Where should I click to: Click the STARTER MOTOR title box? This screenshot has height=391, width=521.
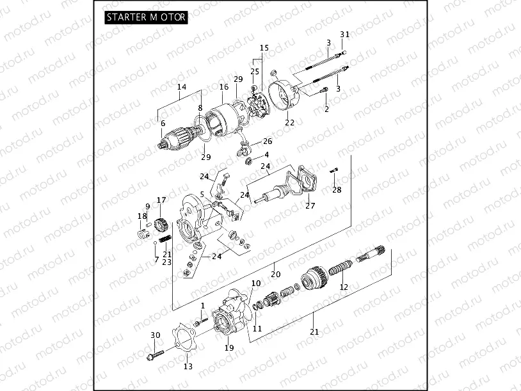tap(147, 17)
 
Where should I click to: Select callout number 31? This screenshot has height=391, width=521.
tap(345, 34)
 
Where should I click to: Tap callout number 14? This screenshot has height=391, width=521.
tap(182, 86)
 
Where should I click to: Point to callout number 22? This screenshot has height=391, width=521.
tap(289, 122)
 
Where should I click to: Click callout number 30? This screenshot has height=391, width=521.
tap(155, 335)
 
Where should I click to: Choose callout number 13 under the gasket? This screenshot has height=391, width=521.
tap(188, 367)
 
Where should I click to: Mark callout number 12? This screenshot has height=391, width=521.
tap(344, 287)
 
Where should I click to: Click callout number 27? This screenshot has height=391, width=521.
tap(310, 206)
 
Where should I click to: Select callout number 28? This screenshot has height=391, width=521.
tap(337, 190)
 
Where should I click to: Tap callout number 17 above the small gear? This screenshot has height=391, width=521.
tap(161, 200)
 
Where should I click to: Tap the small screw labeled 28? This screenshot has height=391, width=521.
tap(335, 170)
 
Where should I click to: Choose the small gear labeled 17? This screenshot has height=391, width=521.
tap(161, 225)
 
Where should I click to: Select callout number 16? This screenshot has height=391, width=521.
tap(224, 87)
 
